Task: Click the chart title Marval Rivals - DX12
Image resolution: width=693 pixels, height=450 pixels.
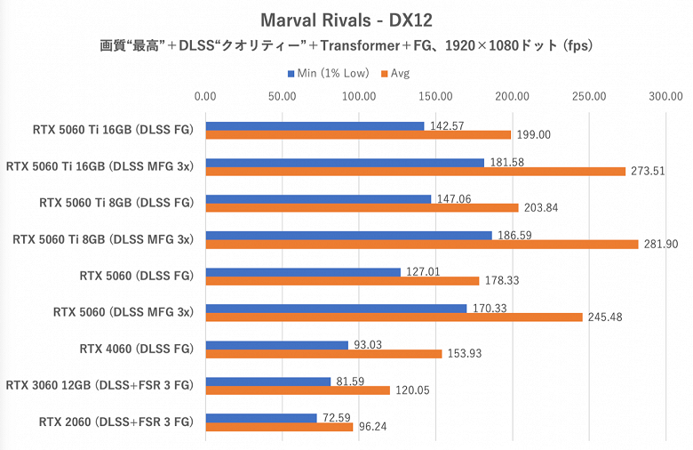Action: coord(346,19)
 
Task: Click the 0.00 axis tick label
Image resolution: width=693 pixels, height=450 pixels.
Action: coord(205,96)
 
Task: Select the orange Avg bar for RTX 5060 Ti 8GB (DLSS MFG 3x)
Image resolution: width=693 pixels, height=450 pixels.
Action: coord(422,244)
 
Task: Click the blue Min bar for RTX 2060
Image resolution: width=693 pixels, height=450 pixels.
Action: coord(261,417)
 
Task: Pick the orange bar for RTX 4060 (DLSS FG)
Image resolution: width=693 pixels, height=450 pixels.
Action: coord(323,353)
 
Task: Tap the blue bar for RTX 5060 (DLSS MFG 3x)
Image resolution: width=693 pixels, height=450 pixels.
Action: coord(336,309)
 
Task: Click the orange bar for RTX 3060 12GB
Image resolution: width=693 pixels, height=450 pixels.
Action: coord(298,390)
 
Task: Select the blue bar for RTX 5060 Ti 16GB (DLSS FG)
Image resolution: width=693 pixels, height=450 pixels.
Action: coord(315,125)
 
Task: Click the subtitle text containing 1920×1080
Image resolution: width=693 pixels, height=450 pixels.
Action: coord(346,45)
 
